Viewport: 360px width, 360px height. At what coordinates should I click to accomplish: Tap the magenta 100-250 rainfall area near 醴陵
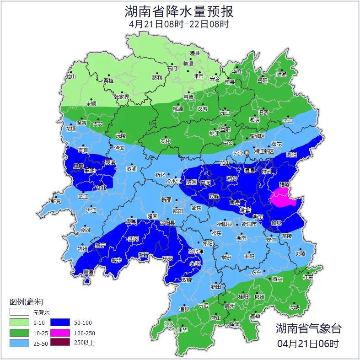[x=283, y=199]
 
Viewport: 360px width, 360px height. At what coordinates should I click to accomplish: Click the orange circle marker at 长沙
[x=247, y=152]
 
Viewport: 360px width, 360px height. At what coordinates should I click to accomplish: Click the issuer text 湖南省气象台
[x=308, y=328]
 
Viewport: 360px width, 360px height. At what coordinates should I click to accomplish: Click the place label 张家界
[x=122, y=97]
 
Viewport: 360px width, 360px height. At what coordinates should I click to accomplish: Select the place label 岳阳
[x=262, y=81]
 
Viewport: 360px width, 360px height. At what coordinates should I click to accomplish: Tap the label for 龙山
[x=70, y=77]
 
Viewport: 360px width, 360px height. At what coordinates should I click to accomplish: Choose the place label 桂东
[x=308, y=277]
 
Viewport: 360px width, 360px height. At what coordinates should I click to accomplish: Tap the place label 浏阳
[x=291, y=155]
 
